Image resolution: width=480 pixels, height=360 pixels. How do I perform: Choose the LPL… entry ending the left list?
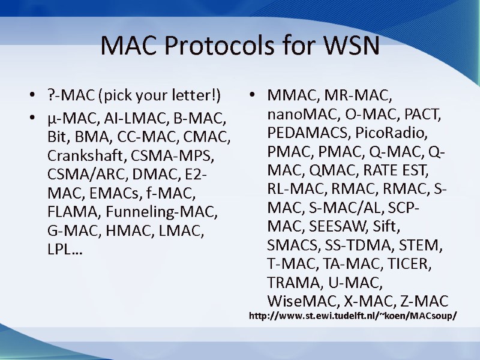coord(65,250)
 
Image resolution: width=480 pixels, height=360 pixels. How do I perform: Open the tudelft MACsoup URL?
coord(352,316)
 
